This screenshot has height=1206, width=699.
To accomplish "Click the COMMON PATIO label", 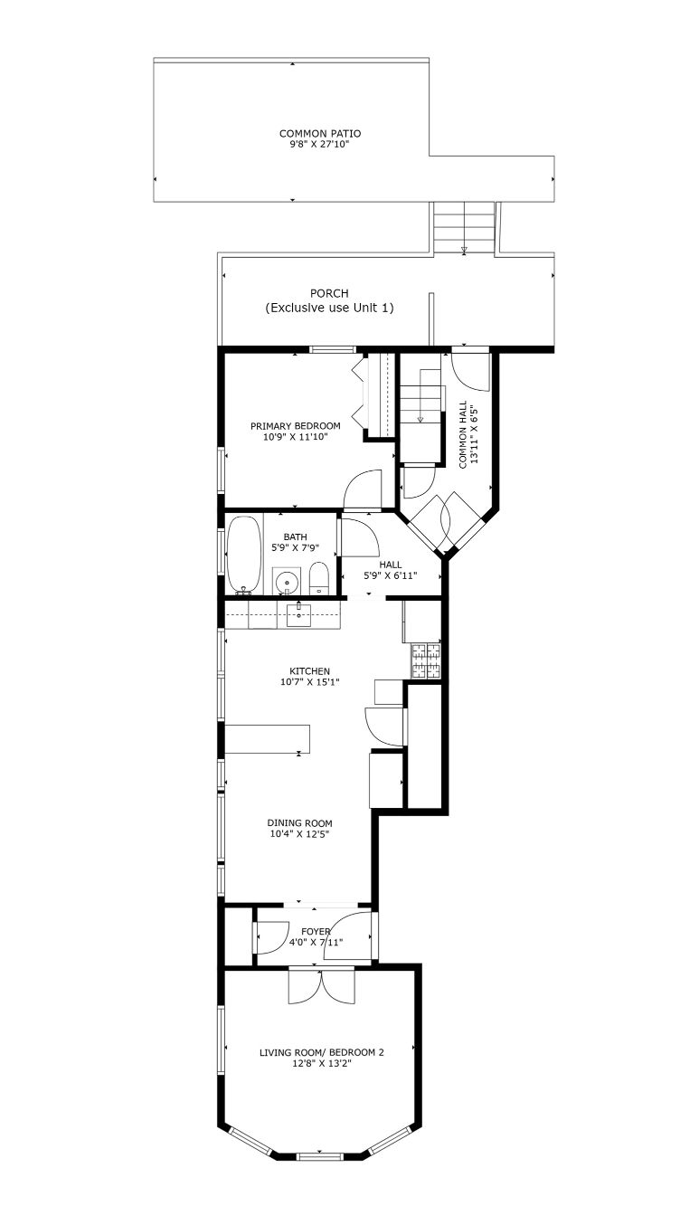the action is coord(319,134).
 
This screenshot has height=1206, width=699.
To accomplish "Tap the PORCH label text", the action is coord(329,293).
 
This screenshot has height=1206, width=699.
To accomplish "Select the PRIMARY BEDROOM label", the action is coord(296,426).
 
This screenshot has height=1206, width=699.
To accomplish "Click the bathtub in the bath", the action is coord(244,556).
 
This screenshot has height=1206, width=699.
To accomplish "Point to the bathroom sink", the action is coord(286,581).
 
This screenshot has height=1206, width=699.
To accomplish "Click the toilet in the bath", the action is coord(318,578).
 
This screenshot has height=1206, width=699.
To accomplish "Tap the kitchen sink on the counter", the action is coord(298,615).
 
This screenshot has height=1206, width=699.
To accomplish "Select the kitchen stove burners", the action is coord(426,661).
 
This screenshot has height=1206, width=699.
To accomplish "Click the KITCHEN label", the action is coord(309,671).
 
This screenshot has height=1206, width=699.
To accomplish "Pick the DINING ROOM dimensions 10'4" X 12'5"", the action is coord(299,834).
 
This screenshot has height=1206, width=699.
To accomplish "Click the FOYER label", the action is coord(316,932).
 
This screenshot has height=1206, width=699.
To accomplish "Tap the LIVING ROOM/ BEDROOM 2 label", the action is coord(322,1052).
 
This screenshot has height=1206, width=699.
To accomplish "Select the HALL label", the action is coord(390,565).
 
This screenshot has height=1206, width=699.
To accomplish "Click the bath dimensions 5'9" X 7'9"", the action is coord(296,548).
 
